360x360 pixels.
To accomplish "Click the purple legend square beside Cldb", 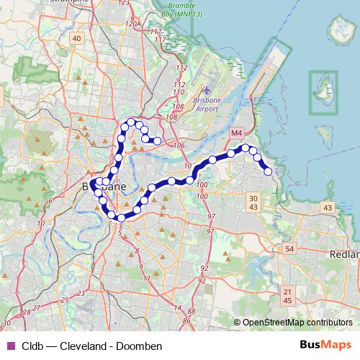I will tap(9, 345).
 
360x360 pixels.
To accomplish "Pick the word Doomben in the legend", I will tap(141, 345).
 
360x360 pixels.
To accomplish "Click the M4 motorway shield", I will tap(237, 134).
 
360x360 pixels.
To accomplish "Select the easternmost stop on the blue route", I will tap(269, 171).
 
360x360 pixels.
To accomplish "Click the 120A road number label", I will tap(132, 24).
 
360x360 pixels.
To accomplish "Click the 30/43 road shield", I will tap(252, 202).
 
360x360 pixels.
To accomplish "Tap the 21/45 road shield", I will tap(288, 295).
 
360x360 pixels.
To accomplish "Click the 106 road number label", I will tap(179, 145).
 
